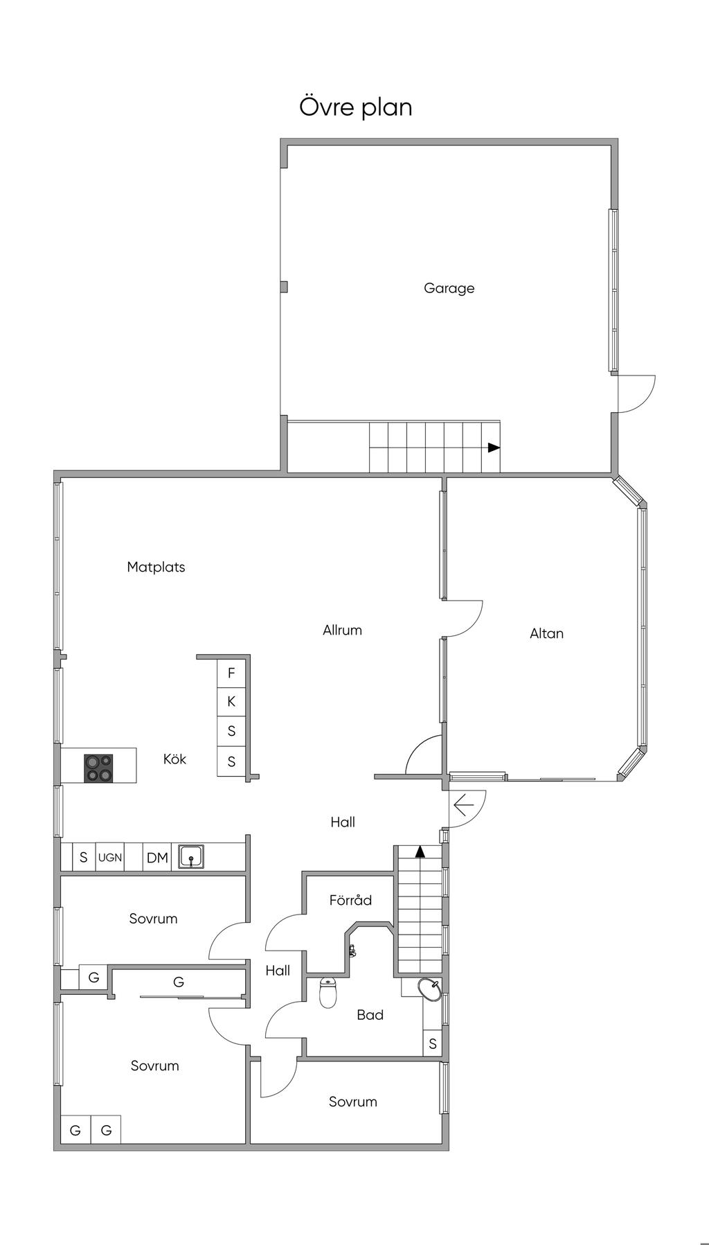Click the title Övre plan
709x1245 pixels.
355,107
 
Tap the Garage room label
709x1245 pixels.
449,288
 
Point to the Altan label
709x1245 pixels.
546,633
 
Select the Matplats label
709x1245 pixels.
156,567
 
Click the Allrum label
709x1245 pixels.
342,630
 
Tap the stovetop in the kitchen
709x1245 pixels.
98,768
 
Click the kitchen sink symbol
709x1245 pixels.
190,857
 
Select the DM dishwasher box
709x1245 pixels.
157,858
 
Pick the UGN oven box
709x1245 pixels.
110,858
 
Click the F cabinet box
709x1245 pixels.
231,673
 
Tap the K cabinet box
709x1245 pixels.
231,702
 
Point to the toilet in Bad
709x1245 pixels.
328,992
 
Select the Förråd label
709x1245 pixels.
350,900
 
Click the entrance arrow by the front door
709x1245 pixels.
463,805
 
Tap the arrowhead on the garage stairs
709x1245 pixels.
494,448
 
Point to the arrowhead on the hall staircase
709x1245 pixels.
419,851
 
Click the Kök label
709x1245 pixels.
174,759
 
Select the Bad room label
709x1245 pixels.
370,1015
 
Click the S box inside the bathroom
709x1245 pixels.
433,1043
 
